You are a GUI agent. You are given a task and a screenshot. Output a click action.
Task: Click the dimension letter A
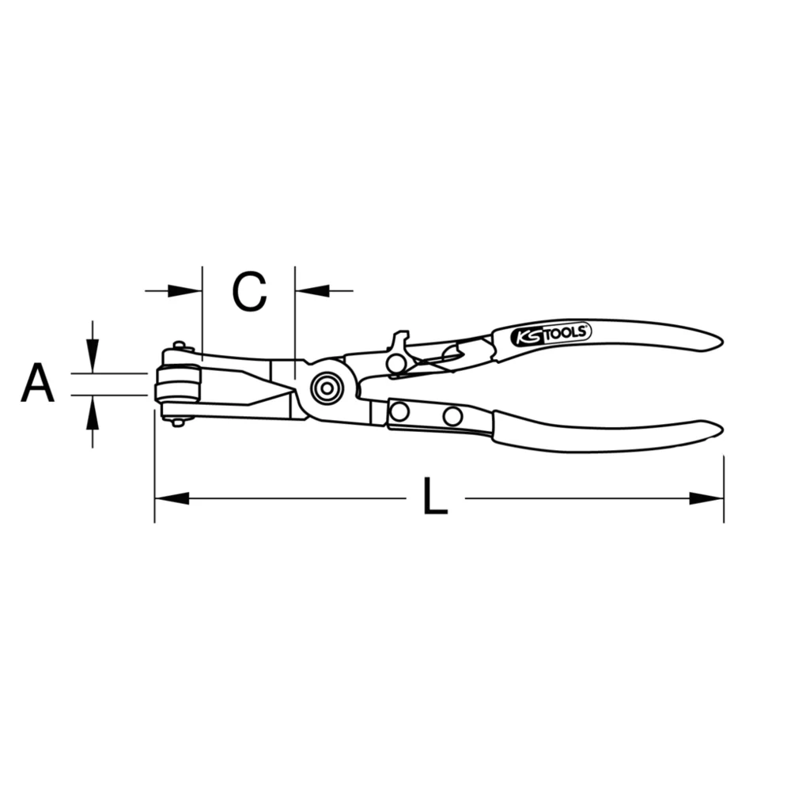pos(37,384)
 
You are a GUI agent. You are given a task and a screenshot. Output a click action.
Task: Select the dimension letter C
pos(249,291)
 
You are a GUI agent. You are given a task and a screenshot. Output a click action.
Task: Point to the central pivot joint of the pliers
pos(325,388)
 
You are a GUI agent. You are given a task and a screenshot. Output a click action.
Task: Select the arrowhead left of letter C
pos(187,291)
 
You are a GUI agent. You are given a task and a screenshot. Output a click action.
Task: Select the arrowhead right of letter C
pos(312,291)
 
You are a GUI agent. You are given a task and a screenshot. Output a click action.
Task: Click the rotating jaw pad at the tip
pos(178,384)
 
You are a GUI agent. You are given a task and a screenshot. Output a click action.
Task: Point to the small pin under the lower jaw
pos(179,422)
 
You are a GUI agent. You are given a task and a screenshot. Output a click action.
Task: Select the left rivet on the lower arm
pos(399,411)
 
